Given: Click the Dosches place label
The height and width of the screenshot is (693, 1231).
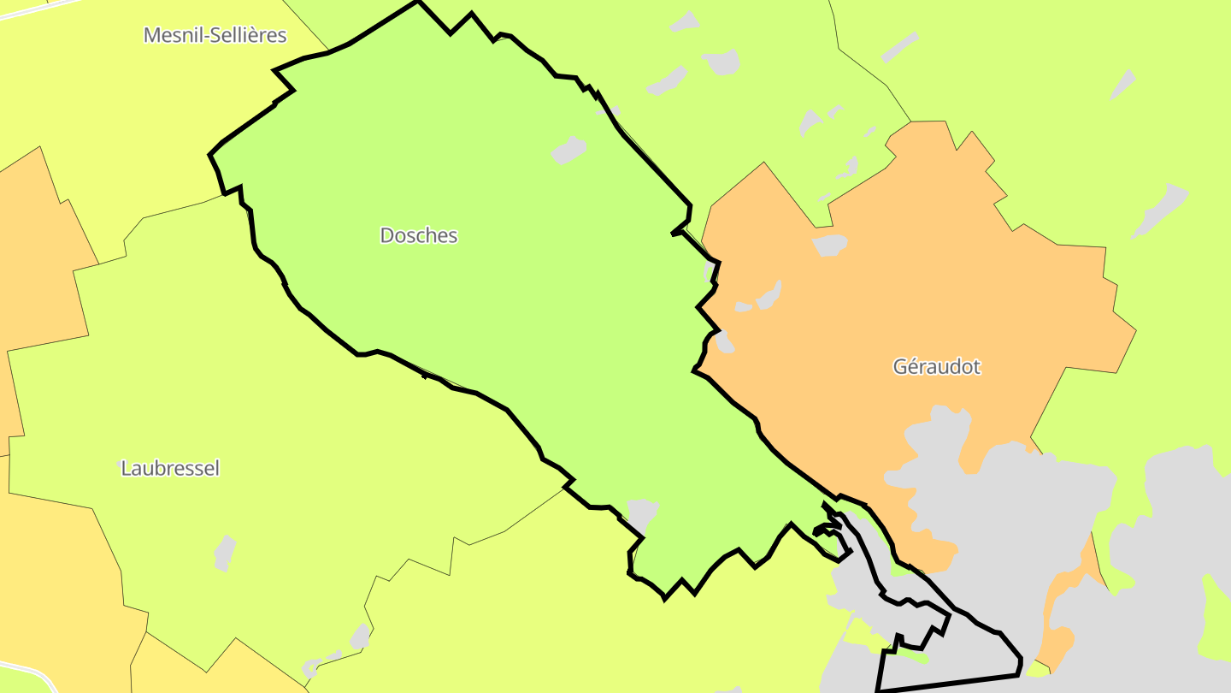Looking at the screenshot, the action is pyautogui.click(x=419, y=235).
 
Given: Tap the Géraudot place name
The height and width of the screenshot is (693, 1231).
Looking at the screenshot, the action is pyautogui.click(x=937, y=367).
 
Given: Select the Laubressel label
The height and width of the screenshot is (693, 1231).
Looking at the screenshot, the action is pyautogui.click(x=170, y=469).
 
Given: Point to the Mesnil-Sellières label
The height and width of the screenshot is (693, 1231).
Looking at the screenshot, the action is pyautogui.click(x=215, y=35).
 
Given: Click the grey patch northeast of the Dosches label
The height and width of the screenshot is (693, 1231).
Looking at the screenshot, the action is pyautogui.click(x=568, y=150).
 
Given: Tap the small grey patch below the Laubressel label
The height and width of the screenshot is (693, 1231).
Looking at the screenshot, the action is pyautogui.click(x=224, y=553).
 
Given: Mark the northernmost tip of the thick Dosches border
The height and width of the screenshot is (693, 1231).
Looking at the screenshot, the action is pyautogui.click(x=418, y=2).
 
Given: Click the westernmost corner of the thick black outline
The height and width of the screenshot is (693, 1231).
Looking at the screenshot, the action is pyautogui.click(x=210, y=156).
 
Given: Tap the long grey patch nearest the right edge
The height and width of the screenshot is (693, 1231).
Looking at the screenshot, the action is pyautogui.click(x=1161, y=210).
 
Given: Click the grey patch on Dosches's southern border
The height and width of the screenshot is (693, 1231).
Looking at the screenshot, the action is pyautogui.click(x=642, y=513).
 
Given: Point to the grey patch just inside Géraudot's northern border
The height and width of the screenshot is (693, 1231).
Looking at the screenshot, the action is pyautogui.click(x=829, y=246).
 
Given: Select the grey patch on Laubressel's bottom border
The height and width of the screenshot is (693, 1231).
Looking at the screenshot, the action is pyautogui.click(x=360, y=637).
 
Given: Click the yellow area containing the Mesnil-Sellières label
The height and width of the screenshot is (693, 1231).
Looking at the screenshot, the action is pyautogui.click(x=128, y=103).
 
